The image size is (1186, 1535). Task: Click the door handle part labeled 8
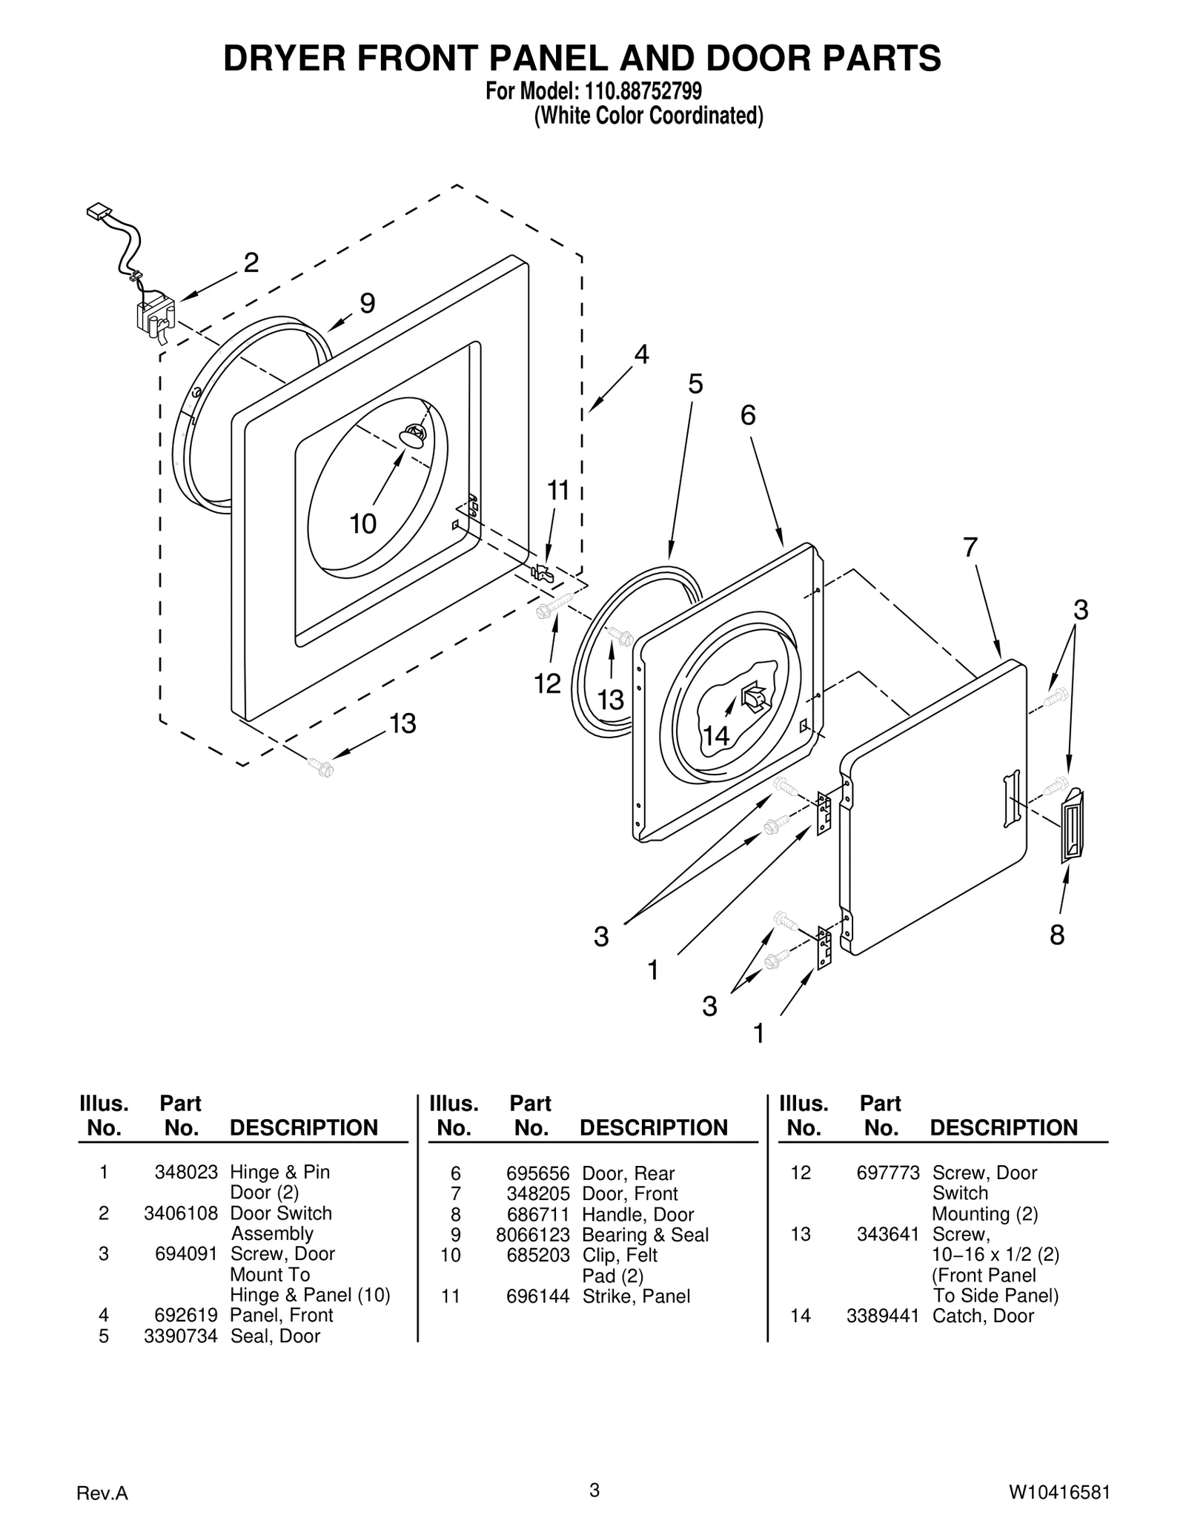1072,825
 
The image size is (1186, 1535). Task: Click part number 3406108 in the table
181,1213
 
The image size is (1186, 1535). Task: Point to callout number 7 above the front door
970,547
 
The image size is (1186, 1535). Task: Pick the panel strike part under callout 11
542,572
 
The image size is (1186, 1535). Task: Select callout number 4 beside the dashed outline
641,355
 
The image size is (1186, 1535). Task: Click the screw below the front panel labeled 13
322,767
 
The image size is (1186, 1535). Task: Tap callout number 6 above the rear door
748,415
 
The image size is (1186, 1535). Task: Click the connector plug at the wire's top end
97,213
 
